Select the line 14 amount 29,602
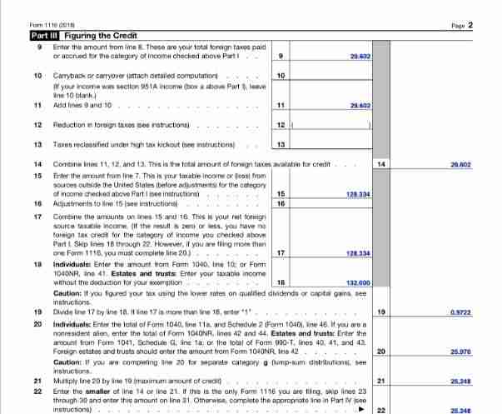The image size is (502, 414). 460,165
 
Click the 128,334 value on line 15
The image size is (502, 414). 358,193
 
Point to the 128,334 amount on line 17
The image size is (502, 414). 358,252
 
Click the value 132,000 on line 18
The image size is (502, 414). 358,283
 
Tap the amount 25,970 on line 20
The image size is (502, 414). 460,352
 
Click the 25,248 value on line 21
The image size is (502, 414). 460,382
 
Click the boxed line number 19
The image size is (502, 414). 380,312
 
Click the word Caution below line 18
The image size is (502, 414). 67,293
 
